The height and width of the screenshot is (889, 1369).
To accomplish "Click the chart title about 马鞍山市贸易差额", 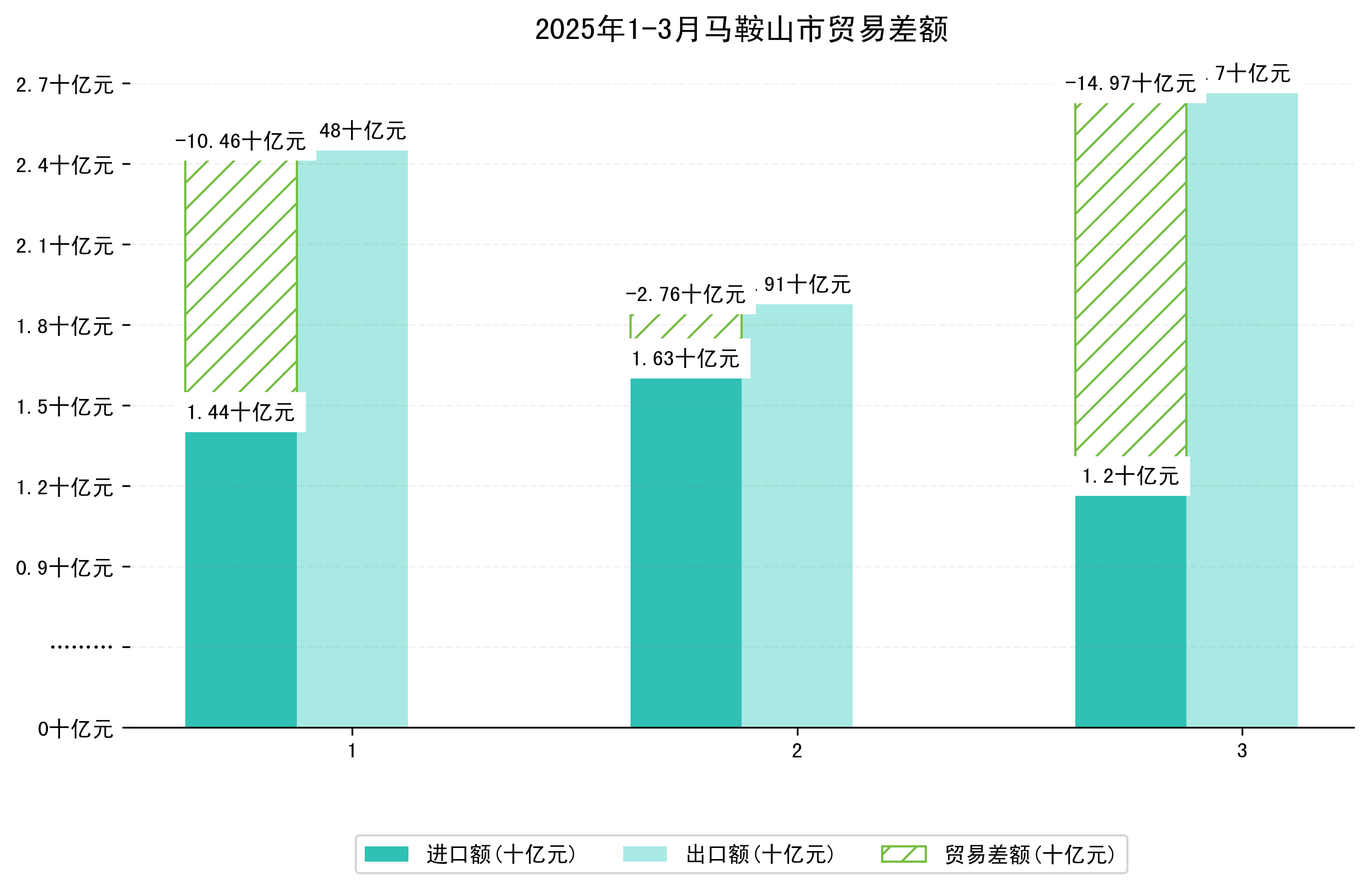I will [741, 29].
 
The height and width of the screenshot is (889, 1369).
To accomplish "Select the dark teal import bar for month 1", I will [241, 578].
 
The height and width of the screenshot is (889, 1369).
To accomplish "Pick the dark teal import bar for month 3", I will [1130, 610].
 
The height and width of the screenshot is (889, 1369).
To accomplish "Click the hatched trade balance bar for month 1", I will [241, 276].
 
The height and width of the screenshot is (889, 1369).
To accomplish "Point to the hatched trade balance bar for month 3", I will [1130, 279].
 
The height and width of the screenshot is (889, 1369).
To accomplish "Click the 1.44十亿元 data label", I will [241, 413].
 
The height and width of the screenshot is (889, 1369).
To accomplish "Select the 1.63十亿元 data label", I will [686, 359].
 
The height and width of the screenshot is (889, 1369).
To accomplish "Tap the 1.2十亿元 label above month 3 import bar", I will [1130, 476].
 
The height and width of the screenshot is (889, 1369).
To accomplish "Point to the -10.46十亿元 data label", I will [241, 141].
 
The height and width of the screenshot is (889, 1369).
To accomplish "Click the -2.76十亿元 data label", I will [686, 295].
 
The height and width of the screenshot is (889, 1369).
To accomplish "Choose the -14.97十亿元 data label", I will [1130, 84].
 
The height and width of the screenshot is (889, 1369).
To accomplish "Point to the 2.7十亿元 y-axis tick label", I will [65, 85].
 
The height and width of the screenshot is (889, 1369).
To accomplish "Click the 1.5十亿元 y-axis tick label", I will [65, 407].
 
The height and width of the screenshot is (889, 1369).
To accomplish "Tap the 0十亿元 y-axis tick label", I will [75, 729].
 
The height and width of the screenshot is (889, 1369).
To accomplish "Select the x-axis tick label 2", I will [797, 751].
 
